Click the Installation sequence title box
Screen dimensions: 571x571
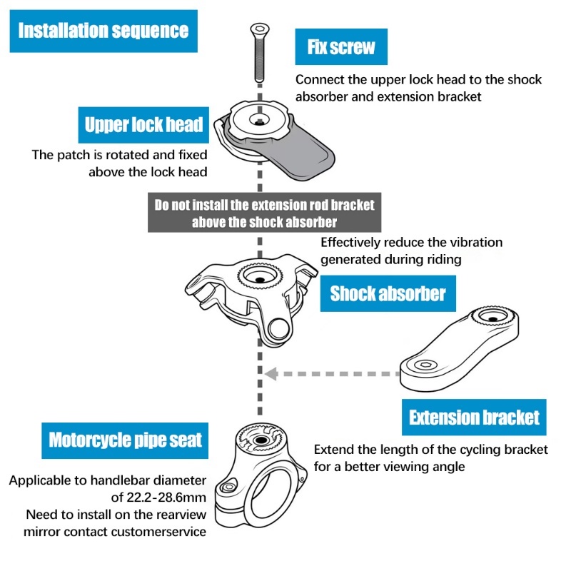[x=103, y=31]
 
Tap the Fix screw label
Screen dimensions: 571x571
[x=341, y=46]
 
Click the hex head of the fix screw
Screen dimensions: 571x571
[x=260, y=29]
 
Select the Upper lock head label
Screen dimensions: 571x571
[x=143, y=125]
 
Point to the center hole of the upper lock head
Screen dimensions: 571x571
[x=259, y=123]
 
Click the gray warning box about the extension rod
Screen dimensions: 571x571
[x=264, y=213]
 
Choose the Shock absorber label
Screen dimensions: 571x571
[x=388, y=293]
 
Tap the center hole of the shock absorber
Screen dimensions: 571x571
[x=260, y=280]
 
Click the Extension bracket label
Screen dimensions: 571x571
[x=474, y=418]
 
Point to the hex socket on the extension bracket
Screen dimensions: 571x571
[x=425, y=364]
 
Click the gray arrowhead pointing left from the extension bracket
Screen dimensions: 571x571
[x=271, y=373]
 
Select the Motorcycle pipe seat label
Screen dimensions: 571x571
[x=125, y=440]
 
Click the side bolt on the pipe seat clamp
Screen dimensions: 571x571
[x=229, y=487]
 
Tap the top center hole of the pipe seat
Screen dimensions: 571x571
[x=261, y=440]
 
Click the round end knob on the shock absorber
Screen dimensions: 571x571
[x=279, y=329]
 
